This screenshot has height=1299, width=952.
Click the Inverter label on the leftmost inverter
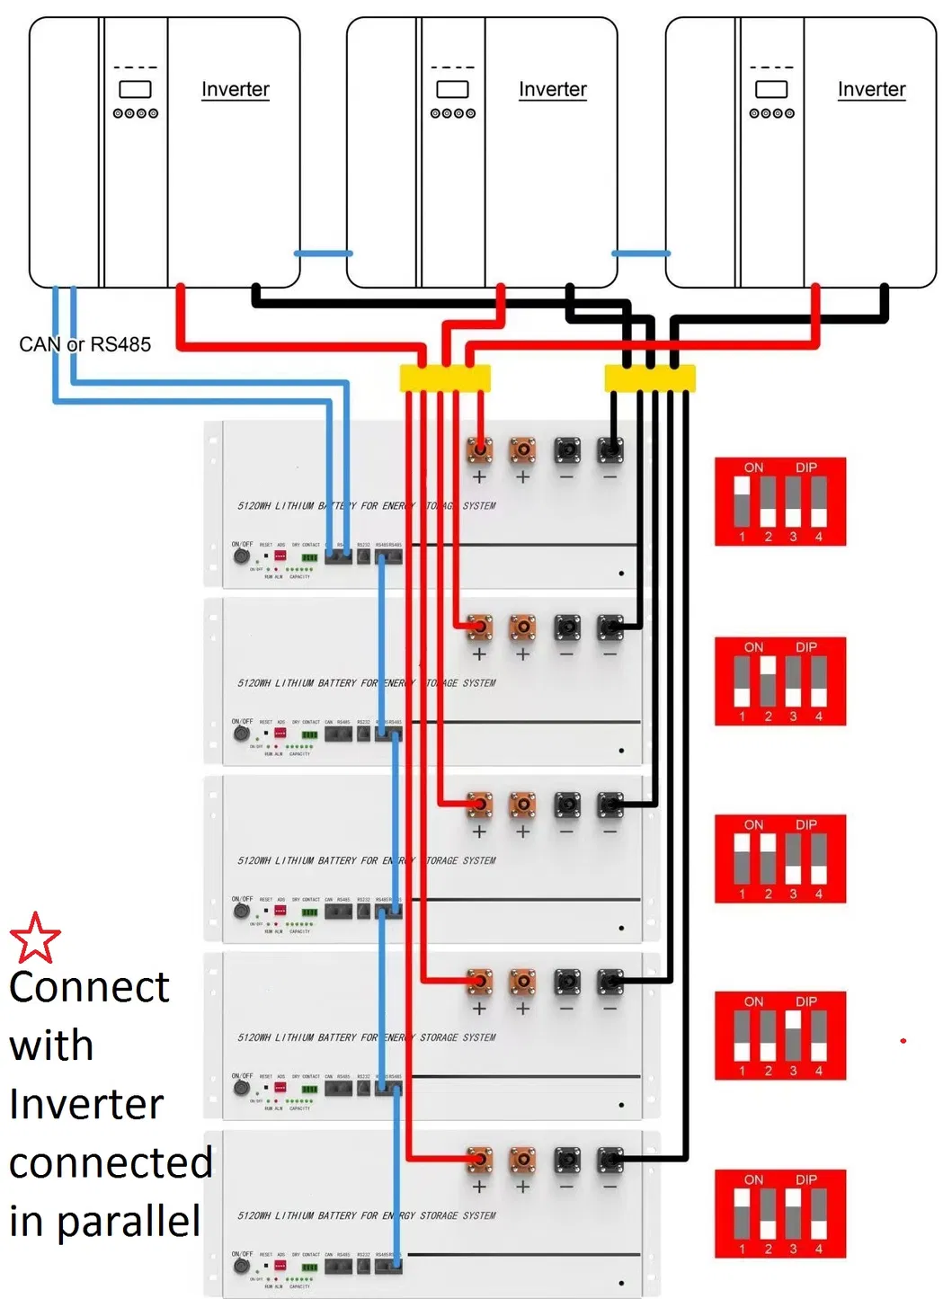click(x=235, y=89)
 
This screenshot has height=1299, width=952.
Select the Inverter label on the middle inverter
click(x=552, y=89)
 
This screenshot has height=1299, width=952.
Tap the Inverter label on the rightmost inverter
click(x=871, y=89)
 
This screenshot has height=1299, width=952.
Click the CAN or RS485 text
click(x=85, y=344)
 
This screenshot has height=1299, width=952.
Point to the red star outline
click(x=35, y=938)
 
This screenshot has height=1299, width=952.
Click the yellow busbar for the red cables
click(x=445, y=378)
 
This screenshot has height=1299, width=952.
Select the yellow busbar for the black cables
click(x=650, y=378)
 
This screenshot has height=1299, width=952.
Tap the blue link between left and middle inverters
click(x=324, y=254)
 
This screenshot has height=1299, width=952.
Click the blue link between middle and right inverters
click(x=641, y=254)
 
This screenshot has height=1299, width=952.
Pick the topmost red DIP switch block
click(x=780, y=502)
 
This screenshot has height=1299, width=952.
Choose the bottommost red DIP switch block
click(x=780, y=1214)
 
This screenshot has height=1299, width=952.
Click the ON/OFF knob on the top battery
click(x=241, y=556)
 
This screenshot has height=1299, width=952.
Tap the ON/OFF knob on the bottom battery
click(x=241, y=1266)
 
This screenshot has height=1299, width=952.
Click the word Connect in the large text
click(x=89, y=987)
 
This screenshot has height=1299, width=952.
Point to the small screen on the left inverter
click(x=135, y=90)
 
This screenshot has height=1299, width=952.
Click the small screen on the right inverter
click(x=771, y=90)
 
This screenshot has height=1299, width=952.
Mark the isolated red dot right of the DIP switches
click(x=903, y=1041)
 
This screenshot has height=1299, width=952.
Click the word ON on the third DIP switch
click(x=753, y=824)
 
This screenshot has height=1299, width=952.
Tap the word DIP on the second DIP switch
click(x=806, y=647)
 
